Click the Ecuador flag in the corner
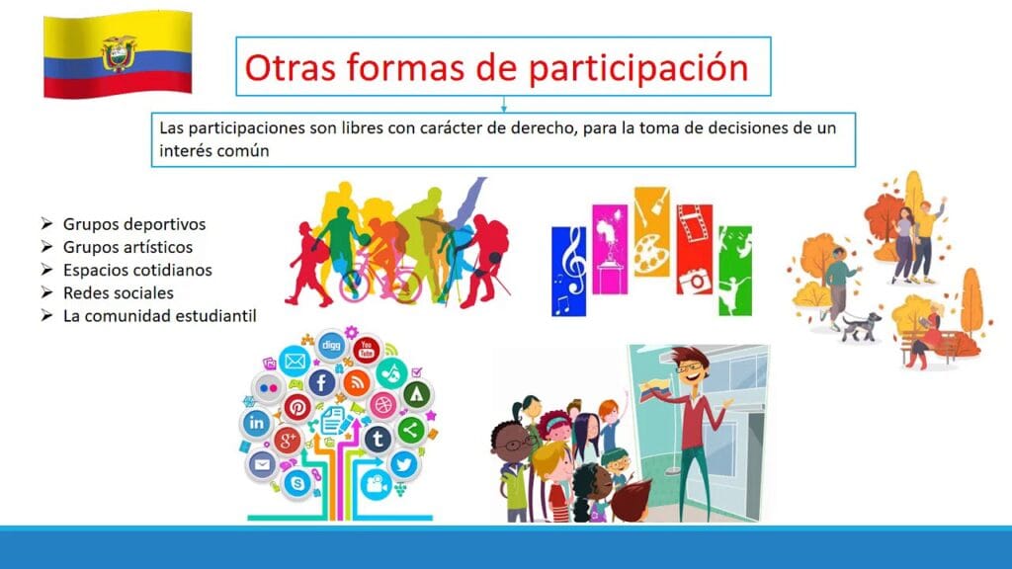(118, 54)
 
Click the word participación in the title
(638, 68)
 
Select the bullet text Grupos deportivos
(134, 224)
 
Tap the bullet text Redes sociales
(119, 292)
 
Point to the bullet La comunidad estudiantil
(159, 316)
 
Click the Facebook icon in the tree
(321, 382)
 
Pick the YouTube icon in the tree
(366, 350)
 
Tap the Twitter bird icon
(404, 463)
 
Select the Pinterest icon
(297, 407)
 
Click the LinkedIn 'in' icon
(256, 423)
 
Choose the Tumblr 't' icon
(379, 439)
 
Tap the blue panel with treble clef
(568, 271)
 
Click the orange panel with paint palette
(651, 231)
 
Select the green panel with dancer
(735, 271)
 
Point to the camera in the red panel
(695, 281)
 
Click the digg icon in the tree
(331, 345)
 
